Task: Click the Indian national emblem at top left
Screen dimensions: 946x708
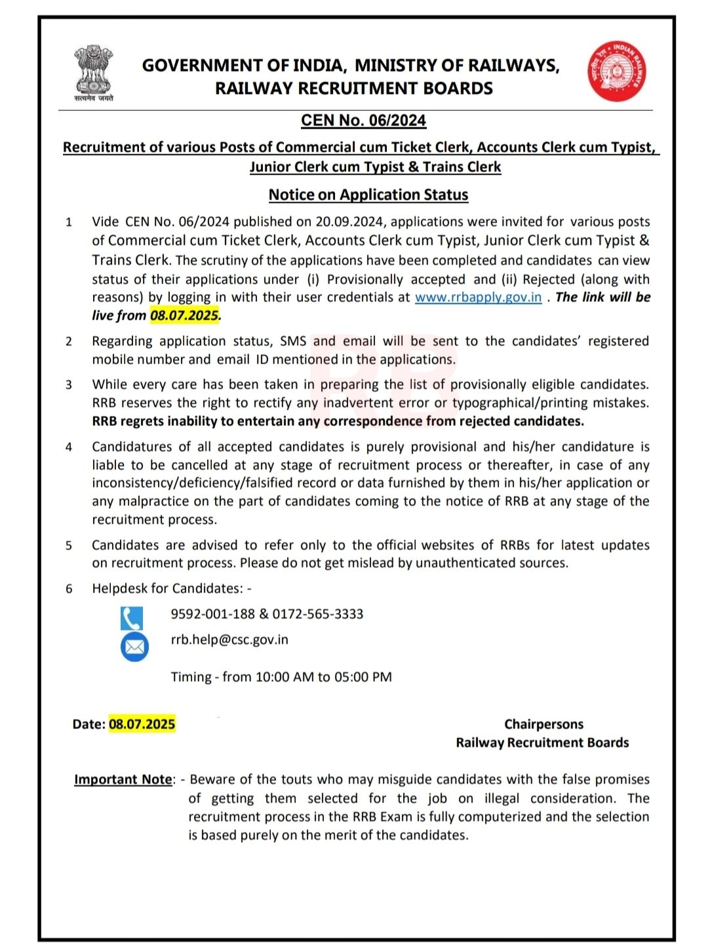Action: click(93, 71)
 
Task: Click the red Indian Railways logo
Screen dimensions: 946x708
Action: click(616, 72)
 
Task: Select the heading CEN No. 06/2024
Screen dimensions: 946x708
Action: click(363, 121)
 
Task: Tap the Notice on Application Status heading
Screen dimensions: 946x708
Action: click(368, 195)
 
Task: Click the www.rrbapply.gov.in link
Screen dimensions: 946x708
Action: click(478, 297)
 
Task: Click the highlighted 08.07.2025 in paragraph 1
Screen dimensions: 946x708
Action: click(184, 316)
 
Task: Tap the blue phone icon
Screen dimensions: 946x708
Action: click(132, 618)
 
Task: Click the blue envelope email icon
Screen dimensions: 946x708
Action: click(134, 648)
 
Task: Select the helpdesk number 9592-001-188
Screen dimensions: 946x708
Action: click(212, 614)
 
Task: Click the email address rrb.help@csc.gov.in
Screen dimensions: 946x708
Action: click(229, 640)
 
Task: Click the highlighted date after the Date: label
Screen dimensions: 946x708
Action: click(142, 724)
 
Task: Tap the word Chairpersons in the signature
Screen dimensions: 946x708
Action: click(543, 724)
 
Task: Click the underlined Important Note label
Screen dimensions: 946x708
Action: click(123, 779)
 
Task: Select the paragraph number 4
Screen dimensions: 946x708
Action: click(69, 447)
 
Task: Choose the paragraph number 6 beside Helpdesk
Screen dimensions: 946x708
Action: click(69, 589)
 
